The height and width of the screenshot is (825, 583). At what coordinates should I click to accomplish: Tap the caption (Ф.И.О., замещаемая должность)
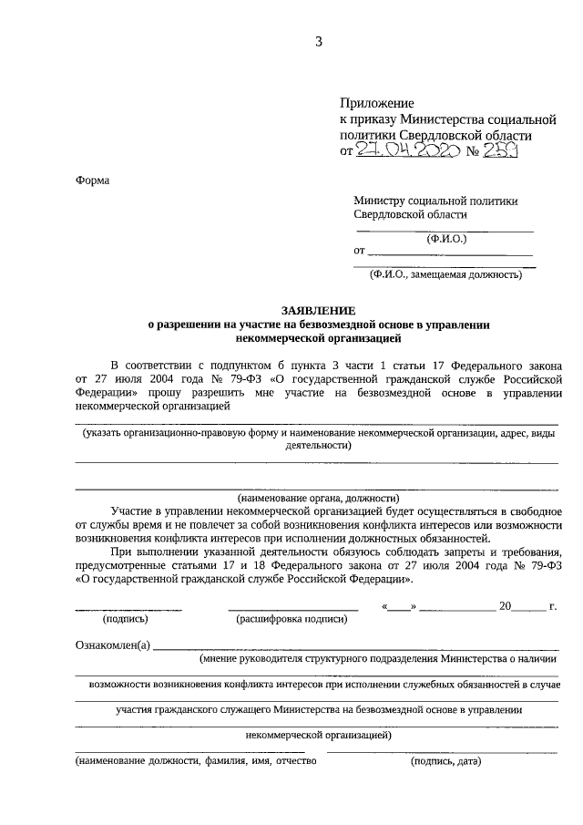445,273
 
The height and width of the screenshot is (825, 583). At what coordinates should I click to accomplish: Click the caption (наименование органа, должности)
319,498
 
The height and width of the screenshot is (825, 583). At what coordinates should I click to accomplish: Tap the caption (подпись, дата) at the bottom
446,760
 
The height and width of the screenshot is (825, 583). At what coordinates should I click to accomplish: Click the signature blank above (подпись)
128,608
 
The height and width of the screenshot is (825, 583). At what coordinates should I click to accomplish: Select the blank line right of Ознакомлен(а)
355,648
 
